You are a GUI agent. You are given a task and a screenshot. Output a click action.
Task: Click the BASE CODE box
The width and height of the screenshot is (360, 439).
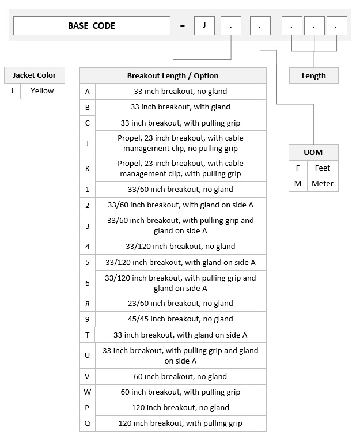[x=92, y=26]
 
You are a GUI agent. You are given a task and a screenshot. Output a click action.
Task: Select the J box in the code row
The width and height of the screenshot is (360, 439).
[x=204, y=25]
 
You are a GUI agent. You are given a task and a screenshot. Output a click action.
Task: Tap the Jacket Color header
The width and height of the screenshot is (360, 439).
[x=35, y=75]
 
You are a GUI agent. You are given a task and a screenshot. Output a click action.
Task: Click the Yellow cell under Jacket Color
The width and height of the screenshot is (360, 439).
[x=42, y=90]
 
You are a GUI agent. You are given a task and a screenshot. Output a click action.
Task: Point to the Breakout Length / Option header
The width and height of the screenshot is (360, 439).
[x=173, y=75]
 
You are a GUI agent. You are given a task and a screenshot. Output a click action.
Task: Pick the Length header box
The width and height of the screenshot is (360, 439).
[x=313, y=75]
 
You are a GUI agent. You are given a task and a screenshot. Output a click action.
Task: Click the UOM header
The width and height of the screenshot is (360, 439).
[x=313, y=152]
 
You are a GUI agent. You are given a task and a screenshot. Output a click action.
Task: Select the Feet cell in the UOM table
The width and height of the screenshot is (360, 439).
[x=323, y=168]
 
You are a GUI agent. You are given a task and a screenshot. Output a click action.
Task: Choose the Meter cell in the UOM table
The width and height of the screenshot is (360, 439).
[x=323, y=184]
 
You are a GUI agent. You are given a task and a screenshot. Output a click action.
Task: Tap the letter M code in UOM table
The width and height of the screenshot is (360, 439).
[x=298, y=184]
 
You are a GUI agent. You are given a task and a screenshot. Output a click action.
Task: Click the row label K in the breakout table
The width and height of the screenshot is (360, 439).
[x=88, y=169]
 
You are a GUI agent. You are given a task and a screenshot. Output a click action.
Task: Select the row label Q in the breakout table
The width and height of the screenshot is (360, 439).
[x=88, y=423]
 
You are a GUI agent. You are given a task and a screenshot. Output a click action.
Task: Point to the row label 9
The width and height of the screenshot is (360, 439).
[x=88, y=319]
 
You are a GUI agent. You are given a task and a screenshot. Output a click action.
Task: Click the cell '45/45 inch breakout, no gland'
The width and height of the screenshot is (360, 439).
[x=180, y=319]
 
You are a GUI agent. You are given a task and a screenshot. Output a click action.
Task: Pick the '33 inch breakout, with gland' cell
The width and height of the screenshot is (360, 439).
[x=180, y=107]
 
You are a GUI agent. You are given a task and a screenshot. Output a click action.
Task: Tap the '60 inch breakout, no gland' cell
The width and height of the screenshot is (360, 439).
[x=180, y=377]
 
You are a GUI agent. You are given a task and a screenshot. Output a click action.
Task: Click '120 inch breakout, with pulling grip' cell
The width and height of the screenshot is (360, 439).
[x=180, y=423]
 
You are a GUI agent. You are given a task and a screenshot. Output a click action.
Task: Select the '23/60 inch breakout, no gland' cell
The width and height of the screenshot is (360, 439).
[x=180, y=304]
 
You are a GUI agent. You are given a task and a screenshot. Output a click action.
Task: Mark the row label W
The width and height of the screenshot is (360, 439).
[x=88, y=392]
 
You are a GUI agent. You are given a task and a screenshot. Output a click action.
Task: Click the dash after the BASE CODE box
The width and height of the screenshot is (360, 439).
[x=183, y=26]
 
